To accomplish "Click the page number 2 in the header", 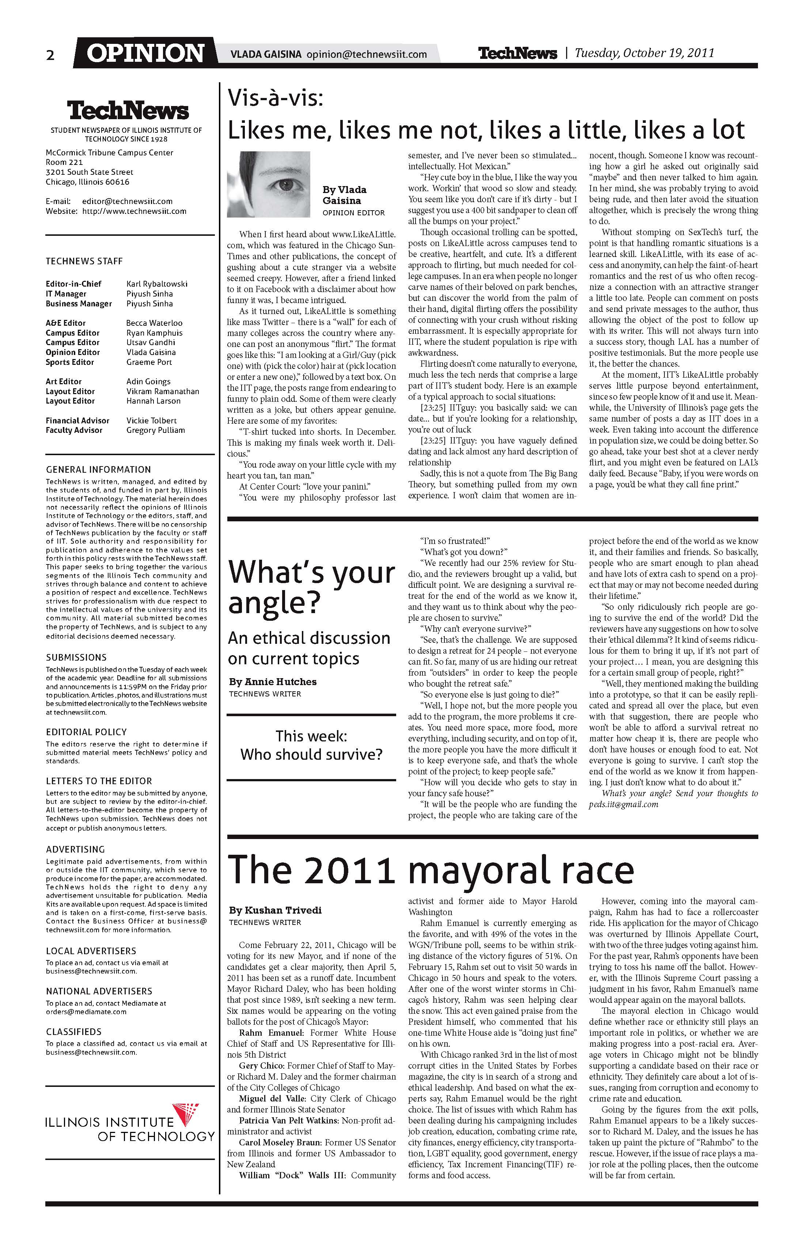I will pyautogui.click(x=50, y=55).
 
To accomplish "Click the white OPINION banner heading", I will pyautogui.click(x=145, y=53).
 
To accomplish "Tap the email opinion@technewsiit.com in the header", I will pyautogui.click(x=367, y=54).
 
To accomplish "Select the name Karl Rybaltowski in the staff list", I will pyautogui.click(x=157, y=284).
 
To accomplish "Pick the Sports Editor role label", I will pyautogui.click(x=69, y=362).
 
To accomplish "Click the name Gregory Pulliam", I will pyautogui.click(x=156, y=430).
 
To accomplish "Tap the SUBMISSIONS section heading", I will pyautogui.click(x=76, y=658).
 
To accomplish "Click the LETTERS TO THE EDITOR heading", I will pyautogui.click(x=99, y=781).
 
